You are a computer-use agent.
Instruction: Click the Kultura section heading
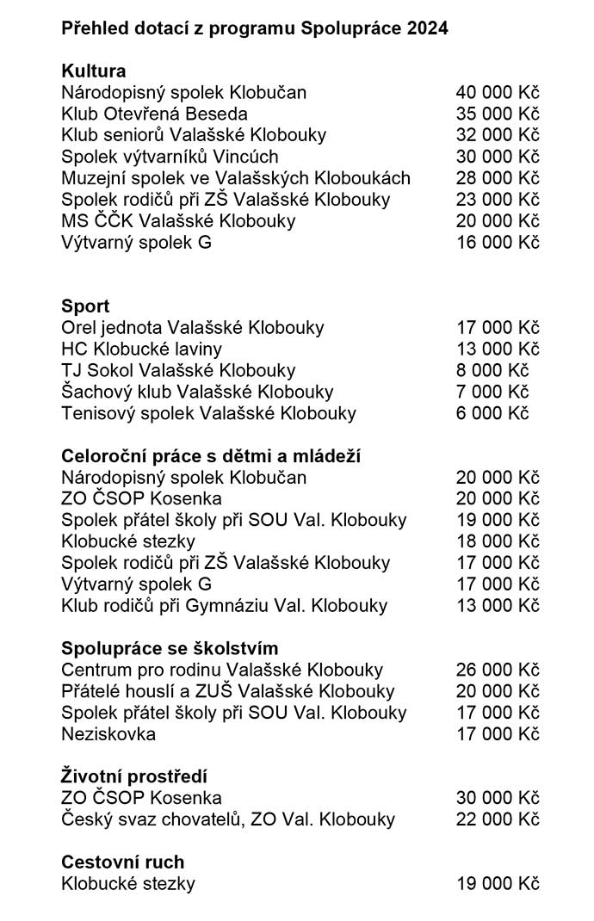[x=94, y=71]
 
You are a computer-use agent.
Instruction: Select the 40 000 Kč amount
[x=498, y=92]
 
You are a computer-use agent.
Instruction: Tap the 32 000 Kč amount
[x=498, y=135]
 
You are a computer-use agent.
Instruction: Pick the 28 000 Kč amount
[x=498, y=178]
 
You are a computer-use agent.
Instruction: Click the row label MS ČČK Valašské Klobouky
[x=178, y=220]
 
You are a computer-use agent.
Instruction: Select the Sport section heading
[x=85, y=306]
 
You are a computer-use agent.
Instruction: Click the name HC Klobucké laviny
[x=141, y=349]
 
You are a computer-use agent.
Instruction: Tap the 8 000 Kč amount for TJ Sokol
[x=492, y=370]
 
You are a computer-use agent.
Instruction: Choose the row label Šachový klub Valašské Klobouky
[x=197, y=392]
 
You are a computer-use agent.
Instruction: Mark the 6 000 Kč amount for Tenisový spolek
[x=492, y=413]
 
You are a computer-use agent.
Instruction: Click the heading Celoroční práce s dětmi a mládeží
[x=211, y=456]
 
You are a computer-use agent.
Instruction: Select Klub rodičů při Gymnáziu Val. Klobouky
[x=225, y=606]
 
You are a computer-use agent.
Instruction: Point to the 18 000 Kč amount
[x=498, y=541]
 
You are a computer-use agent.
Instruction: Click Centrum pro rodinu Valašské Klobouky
[x=222, y=670]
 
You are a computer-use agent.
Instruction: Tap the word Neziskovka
[x=108, y=734]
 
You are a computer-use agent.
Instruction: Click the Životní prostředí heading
[x=134, y=776]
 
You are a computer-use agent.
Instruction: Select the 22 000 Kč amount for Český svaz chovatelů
[x=498, y=819]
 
